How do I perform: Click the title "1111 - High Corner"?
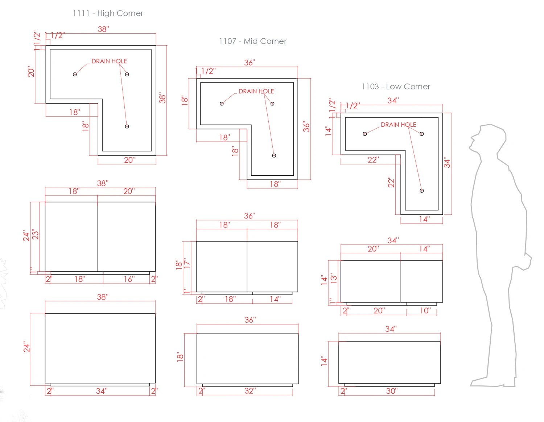point(108,13)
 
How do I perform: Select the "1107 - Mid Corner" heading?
point(253,41)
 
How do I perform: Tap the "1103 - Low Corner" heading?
point(396,87)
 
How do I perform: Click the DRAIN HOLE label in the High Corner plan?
point(109,61)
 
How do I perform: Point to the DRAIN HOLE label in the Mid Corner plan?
point(256,91)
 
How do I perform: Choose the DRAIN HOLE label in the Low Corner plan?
point(398,125)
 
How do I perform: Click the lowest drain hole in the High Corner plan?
point(127,126)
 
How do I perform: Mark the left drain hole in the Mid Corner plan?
point(222,104)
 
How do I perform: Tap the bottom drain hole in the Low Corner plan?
point(421,191)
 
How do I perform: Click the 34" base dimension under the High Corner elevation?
point(102,391)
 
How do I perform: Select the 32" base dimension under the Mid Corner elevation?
point(250,391)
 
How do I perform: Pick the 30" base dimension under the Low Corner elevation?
point(392,391)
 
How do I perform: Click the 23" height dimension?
point(35,234)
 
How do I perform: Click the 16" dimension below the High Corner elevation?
point(129,279)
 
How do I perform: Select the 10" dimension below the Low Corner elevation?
point(425,310)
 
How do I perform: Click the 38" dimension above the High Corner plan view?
point(103,29)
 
